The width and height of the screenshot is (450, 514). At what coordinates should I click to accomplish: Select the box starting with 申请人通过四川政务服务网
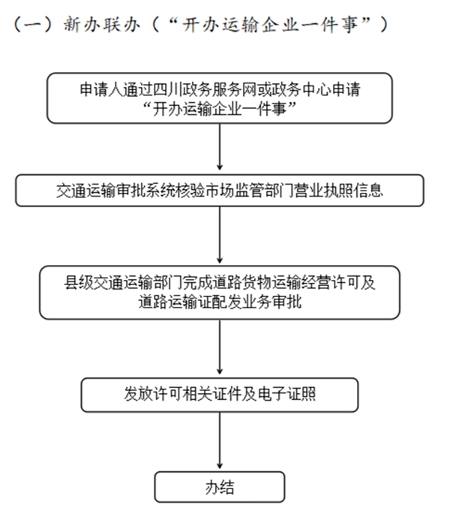(x=220, y=98)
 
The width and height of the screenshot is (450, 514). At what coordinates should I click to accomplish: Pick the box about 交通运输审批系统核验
(x=220, y=190)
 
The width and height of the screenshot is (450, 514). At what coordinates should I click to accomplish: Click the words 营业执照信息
(x=348, y=190)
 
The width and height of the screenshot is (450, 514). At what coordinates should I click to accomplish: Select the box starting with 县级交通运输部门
(x=220, y=293)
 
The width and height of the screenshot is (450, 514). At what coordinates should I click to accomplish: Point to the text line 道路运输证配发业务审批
(x=220, y=302)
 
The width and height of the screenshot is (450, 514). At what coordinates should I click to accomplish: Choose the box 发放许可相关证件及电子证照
(x=220, y=392)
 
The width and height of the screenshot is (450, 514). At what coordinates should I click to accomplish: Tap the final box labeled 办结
(x=220, y=487)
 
